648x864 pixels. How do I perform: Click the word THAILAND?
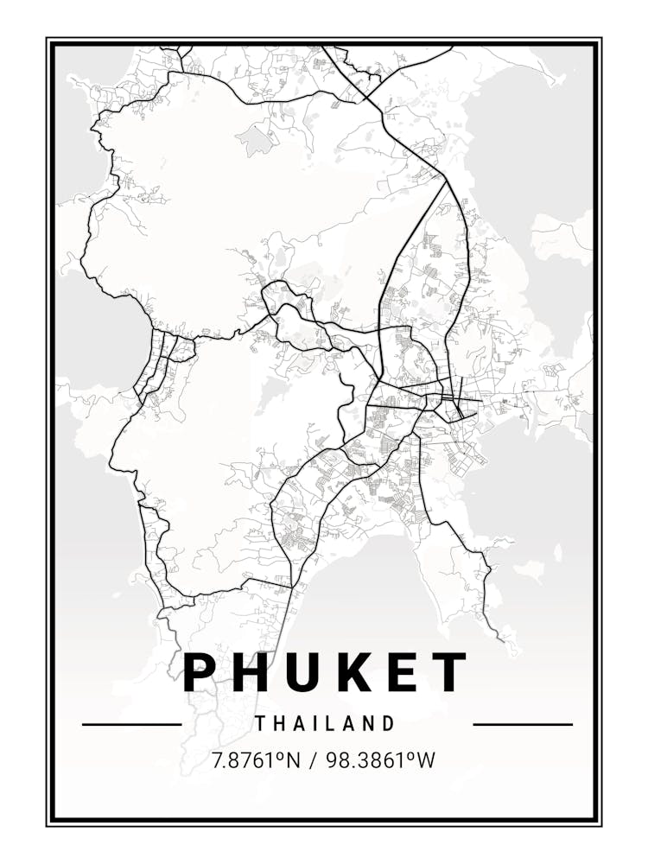(x=325, y=723)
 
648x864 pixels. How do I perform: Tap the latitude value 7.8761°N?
(x=256, y=760)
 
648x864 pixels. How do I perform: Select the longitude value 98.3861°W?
(x=379, y=760)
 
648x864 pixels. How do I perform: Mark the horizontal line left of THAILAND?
(x=131, y=724)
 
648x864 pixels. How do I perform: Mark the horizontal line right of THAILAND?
(x=523, y=724)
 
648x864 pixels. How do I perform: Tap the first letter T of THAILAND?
(x=260, y=723)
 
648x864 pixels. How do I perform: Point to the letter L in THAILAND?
(x=335, y=723)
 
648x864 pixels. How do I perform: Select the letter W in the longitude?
(x=426, y=760)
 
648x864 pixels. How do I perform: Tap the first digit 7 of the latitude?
(x=217, y=760)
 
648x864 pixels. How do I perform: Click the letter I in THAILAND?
(x=319, y=723)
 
